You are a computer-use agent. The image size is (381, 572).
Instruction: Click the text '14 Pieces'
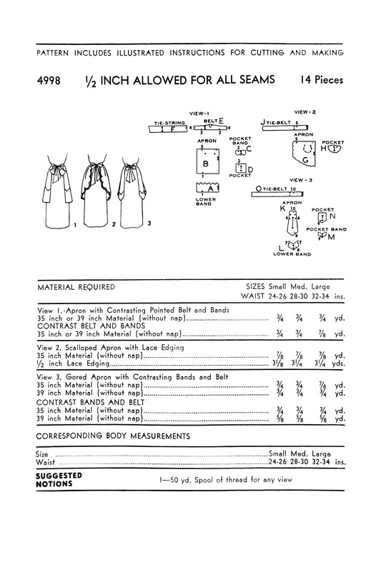pyautogui.click(x=319, y=81)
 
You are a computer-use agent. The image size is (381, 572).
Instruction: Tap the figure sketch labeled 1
pyautogui.click(x=56, y=193)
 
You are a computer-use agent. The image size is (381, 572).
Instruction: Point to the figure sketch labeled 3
pyautogui.click(x=130, y=193)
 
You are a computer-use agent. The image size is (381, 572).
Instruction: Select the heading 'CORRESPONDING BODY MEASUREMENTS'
pyautogui.click(x=112, y=434)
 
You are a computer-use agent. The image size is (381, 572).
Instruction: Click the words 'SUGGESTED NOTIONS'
pyautogui.click(x=59, y=479)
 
